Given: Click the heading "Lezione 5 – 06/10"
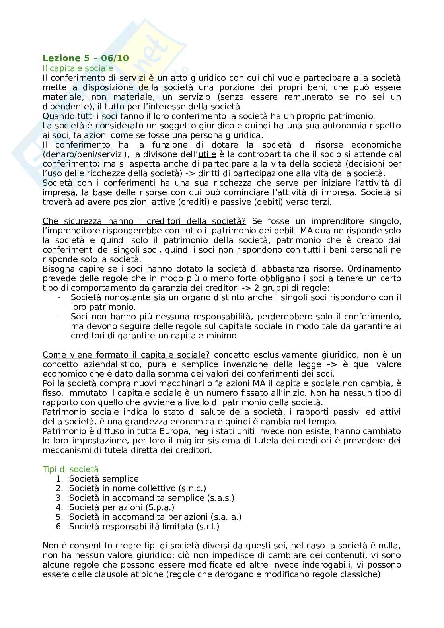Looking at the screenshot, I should (86, 58).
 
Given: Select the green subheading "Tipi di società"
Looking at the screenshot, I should (70, 469).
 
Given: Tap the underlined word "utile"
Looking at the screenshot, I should (207, 154).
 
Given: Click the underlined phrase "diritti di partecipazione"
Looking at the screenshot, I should (245, 173).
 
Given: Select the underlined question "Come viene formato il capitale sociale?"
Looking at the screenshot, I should (127, 355).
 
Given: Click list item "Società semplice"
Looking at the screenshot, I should (104, 479).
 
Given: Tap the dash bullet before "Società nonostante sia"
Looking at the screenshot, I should (59, 297).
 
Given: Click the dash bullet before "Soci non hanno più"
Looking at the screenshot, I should (59, 317).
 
